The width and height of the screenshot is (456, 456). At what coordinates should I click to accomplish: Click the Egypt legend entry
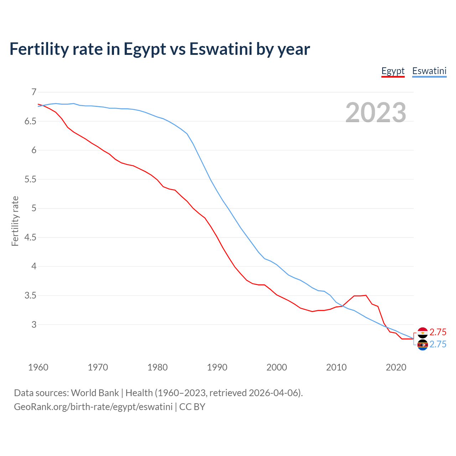[393, 71]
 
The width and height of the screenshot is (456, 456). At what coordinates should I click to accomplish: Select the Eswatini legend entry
[429, 71]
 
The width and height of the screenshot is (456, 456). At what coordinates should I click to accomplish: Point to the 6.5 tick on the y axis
[30, 121]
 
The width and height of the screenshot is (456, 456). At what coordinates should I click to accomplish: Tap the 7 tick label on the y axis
[34, 92]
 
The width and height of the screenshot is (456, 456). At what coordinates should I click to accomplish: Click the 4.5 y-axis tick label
[30, 238]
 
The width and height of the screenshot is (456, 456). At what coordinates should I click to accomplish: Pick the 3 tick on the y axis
[34, 325]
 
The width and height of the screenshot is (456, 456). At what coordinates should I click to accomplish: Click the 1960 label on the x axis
[38, 367]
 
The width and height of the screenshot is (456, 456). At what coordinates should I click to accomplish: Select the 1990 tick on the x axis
[217, 367]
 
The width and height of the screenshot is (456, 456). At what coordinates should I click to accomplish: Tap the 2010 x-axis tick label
[336, 367]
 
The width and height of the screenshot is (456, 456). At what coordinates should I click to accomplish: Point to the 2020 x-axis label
[396, 367]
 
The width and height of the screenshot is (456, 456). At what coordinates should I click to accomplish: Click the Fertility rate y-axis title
[15, 221]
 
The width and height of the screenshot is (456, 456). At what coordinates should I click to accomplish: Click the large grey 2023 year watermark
[376, 113]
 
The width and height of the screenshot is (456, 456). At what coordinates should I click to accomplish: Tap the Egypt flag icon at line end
[423, 332]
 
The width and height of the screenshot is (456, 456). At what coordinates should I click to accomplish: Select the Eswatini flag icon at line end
[423, 345]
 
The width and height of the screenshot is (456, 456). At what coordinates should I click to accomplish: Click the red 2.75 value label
[438, 332]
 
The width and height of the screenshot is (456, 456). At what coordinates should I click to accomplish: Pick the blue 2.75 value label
[438, 344]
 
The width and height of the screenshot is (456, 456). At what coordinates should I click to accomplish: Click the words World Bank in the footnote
[95, 393]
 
